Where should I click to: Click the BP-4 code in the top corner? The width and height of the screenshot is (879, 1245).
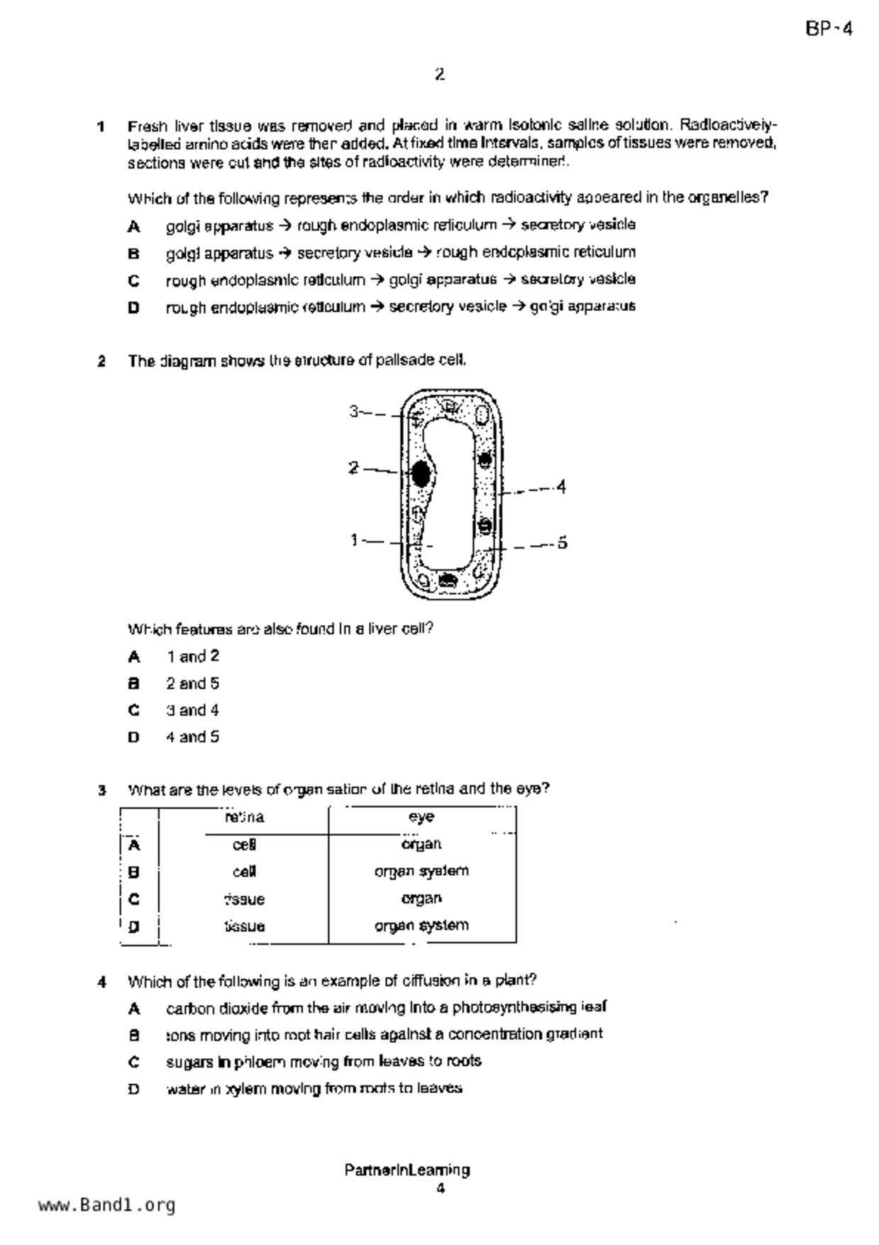click(829, 29)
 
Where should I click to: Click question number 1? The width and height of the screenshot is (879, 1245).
click(101, 127)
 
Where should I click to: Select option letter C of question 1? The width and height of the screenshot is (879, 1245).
click(133, 281)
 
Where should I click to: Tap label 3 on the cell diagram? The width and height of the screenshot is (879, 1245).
click(354, 411)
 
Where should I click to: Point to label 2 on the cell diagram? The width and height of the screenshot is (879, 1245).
click(353, 468)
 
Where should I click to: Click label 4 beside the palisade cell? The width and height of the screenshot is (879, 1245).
click(561, 487)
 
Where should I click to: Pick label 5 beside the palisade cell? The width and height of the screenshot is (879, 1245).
click(562, 543)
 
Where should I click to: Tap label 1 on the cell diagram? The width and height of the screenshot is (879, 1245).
click(354, 541)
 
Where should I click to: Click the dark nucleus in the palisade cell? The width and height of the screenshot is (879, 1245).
click(421, 473)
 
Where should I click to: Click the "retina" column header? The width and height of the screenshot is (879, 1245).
click(245, 817)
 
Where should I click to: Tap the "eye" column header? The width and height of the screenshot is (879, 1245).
click(421, 817)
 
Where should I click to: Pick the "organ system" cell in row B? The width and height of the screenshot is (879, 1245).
click(421, 871)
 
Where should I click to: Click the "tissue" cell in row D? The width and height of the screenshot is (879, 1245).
click(245, 926)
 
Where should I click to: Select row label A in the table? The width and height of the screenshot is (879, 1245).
click(133, 845)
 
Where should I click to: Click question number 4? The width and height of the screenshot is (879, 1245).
click(102, 982)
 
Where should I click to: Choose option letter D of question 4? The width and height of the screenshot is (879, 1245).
click(133, 1089)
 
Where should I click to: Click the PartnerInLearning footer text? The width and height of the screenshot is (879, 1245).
click(407, 1170)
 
